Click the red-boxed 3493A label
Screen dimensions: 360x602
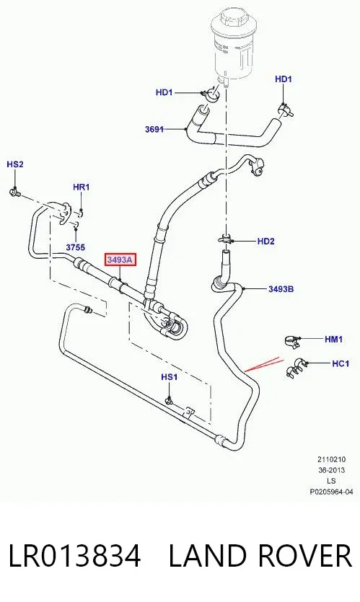point(120,260)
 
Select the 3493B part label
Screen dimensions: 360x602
point(281,288)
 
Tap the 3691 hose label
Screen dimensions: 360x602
point(154,129)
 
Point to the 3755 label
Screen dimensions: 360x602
point(75,247)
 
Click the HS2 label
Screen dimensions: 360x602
point(15,164)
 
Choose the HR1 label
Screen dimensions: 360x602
point(81,187)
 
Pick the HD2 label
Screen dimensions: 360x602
point(266,241)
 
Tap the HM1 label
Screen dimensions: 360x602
point(333,340)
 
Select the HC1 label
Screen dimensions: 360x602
point(341,363)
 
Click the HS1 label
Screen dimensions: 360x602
point(169,377)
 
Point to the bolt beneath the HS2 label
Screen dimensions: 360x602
point(14,191)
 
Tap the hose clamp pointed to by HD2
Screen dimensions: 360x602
point(226,240)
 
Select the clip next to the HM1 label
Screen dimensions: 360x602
point(293,341)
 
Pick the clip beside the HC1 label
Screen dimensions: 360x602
point(296,367)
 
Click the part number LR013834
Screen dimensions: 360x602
point(74,556)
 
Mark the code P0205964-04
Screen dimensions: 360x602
point(331,492)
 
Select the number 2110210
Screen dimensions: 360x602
point(331,459)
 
